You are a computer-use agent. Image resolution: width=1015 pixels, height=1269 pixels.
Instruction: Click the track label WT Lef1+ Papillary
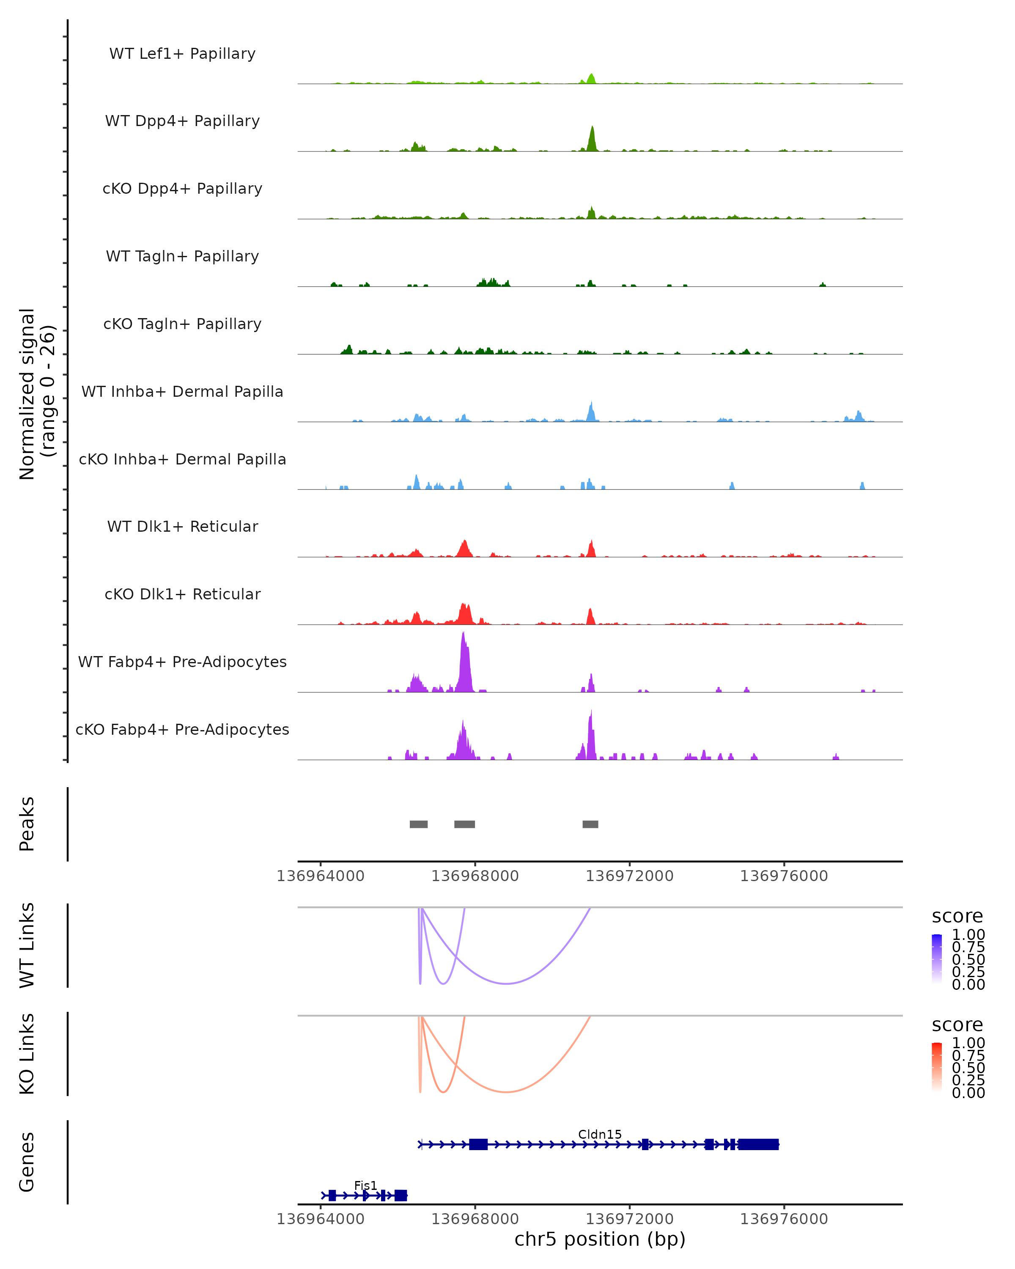click(182, 54)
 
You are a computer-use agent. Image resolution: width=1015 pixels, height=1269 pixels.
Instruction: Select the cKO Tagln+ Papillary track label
click(182, 324)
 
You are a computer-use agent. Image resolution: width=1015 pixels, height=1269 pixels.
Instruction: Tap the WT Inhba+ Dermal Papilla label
click(182, 391)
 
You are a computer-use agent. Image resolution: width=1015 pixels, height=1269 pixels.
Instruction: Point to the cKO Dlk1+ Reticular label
click(182, 594)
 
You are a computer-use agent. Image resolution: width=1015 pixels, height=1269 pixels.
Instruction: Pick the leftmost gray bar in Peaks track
click(418, 824)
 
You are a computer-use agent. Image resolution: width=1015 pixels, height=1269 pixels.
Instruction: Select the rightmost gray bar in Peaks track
click(590, 824)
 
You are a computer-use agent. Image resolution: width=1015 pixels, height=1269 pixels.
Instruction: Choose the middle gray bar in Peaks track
click(464, 824)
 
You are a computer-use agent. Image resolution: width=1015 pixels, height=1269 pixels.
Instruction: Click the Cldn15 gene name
click(600, 1134)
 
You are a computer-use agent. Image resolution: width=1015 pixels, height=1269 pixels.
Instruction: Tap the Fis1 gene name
click(365, 1185)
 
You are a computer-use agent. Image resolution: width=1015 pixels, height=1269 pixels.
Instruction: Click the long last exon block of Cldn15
click(758, 1144)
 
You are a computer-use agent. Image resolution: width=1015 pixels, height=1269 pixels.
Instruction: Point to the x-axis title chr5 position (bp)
click(600, 1239)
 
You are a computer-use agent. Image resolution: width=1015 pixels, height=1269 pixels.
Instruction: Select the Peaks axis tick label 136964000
click(321, 876)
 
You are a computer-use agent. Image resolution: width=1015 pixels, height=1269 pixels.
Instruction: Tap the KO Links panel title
click(27, 1054)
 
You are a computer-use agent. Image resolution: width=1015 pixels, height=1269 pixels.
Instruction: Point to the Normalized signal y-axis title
click(36, 393)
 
